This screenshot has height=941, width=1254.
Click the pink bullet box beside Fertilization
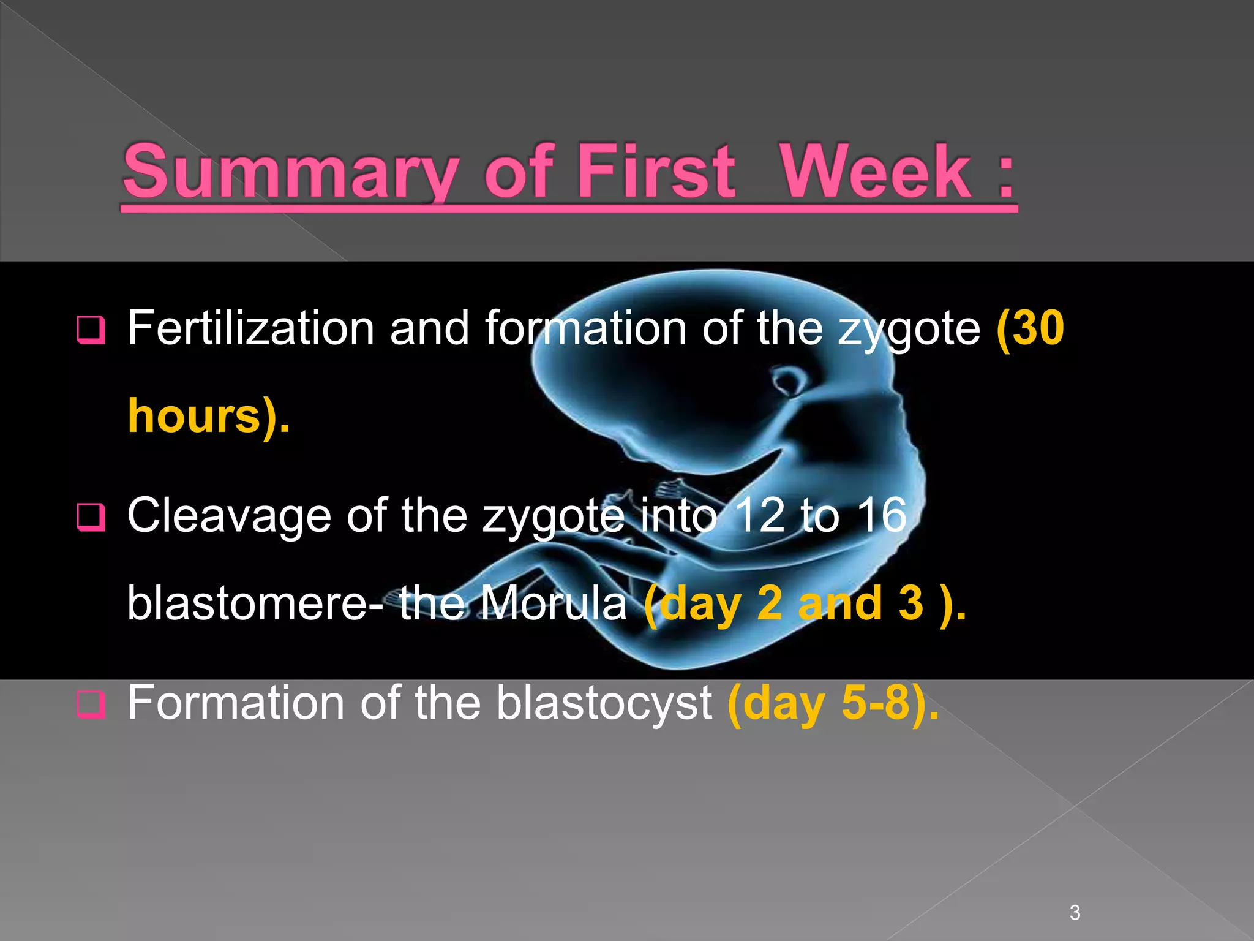tap(91, 330)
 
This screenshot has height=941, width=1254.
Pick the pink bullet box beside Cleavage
tap(91, 517)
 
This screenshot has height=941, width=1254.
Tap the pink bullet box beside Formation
tap(91, 704)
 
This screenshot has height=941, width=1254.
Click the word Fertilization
tap(250, 328)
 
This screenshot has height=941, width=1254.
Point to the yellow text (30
tap(1031, 328)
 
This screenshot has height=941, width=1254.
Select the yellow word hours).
tap(208, 417)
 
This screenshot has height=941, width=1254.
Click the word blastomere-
tap(255, 604)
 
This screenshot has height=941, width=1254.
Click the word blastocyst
tap(604, 703)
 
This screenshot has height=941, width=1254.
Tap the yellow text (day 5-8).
tap(833, 703)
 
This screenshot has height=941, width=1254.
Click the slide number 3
tap(1075, 912)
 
